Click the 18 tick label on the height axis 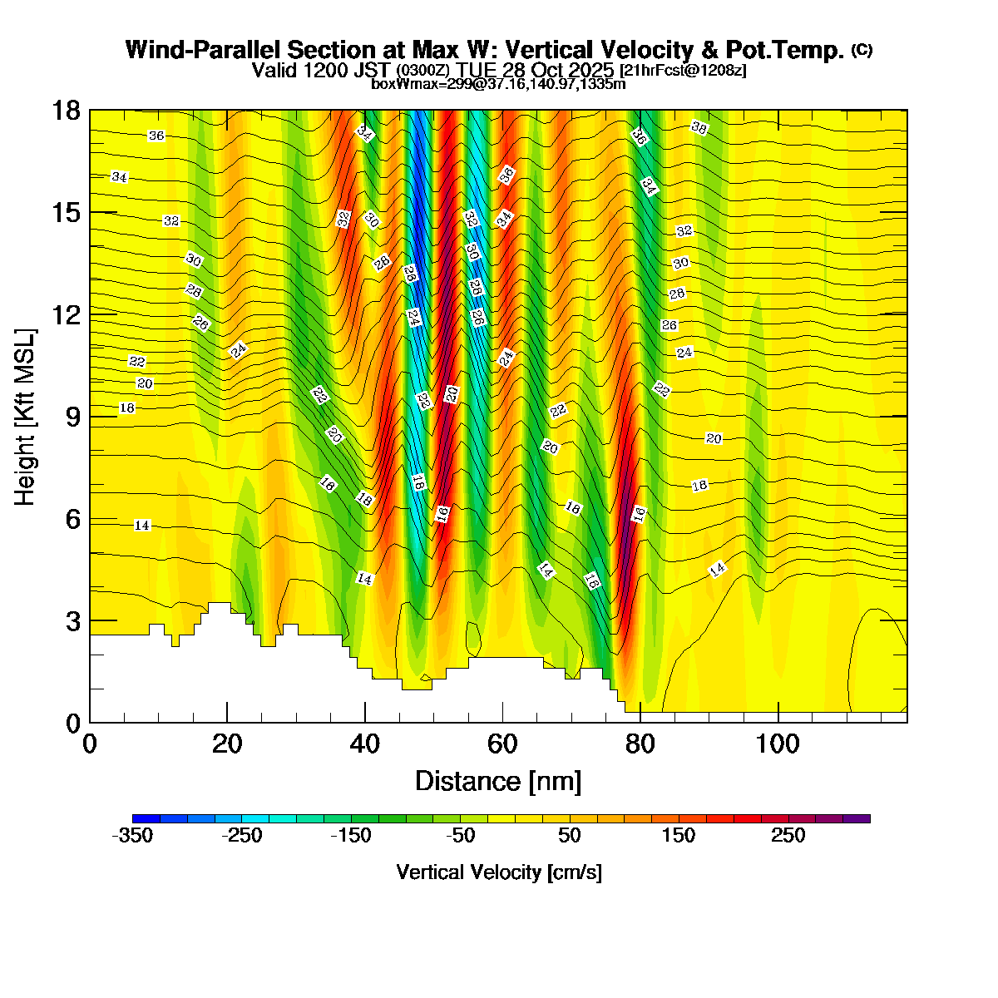[x=67, y=111]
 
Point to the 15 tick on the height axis [x=67, y=213]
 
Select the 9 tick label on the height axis [x=72, y=417]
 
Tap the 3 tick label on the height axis [x=72, y=621]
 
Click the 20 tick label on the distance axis [x=227, y=744]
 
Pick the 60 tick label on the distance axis [x=502, y=744]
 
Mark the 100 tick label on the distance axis [x=778, y=744]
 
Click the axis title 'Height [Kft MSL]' [x=26, y=417]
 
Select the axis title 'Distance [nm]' [x=498, y=782]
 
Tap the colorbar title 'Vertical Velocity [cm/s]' [x=499, y=872]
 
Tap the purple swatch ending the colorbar [x=857, y=818]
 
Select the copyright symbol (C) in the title [x=862, y=50]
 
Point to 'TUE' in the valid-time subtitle [x=477, y=69]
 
